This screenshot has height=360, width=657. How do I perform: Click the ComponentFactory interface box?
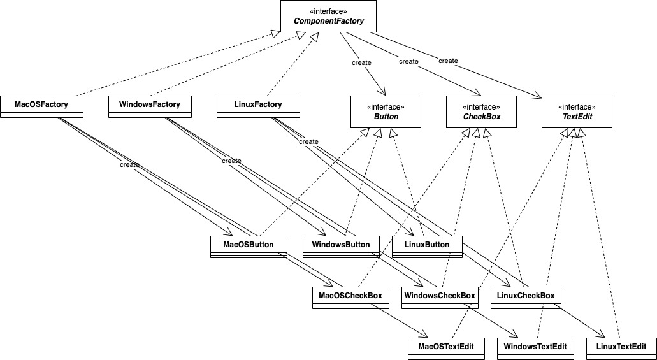coord(328,16)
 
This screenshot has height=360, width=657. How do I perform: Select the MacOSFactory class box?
coord(41,107)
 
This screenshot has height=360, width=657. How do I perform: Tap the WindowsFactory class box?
coord(150,107)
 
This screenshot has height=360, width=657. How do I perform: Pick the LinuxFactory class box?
coord(258,107)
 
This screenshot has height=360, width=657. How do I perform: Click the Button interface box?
coord(386,112)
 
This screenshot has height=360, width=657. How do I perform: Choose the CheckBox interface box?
coord(481,112)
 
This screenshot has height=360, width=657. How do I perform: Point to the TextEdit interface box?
coord(577,112)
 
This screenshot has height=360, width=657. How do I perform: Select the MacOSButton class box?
coord(249,247)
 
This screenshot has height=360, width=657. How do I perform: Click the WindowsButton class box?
coord(341,247)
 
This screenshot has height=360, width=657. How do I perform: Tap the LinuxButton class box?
coord(427,247)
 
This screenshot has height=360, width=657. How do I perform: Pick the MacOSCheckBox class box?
coord(350,298)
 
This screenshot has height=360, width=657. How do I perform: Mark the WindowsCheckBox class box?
coord(440,298)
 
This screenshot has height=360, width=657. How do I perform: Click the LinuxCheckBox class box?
coord(526,298)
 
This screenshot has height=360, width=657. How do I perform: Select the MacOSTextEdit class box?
coord(446,349)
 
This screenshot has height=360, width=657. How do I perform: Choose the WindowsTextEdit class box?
coord(535,349)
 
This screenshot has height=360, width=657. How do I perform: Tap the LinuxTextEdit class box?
coord(621,349)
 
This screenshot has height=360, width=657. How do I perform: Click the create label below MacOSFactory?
coord(129,164)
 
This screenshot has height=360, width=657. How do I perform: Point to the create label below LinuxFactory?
coord(308,141)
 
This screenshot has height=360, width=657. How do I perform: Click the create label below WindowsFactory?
coord(231,161)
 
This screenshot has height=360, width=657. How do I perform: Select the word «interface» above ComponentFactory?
coord(328,11)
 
